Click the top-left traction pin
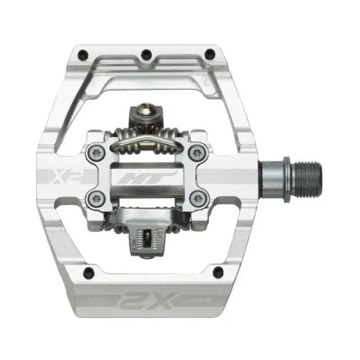click(80, 53)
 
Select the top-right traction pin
click(210, 53)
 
